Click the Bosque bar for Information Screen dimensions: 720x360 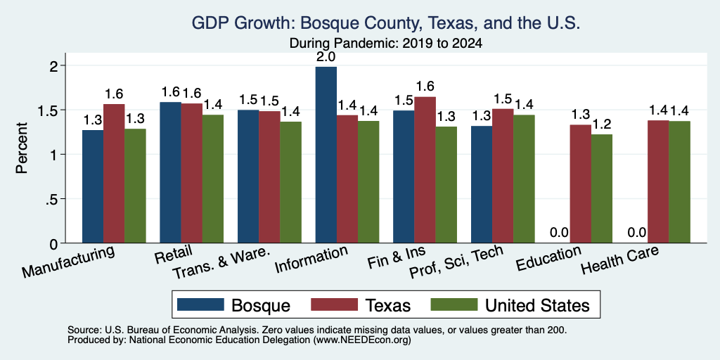click(326, 155)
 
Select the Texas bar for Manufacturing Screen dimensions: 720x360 click(114, 174)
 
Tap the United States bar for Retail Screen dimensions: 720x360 click(213, 179)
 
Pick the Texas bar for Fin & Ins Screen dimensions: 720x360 click(425, 170)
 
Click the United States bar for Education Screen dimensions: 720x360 click(602, 188)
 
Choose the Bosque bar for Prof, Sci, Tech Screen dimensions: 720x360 click(482, 184)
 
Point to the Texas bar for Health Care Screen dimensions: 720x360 click(658, 181)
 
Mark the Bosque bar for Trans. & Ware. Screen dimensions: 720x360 click(248, 176)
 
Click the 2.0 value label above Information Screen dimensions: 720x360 click(326, 57)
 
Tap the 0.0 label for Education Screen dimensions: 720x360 click(559, 233)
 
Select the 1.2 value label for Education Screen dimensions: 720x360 click(602, 124)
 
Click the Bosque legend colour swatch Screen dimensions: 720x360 click(200, 304)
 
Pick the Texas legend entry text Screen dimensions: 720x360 click(388, 305)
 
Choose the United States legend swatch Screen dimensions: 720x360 click(453, 304)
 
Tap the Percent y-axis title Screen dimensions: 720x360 click(22, 148)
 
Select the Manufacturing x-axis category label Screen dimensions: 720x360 click(68, 262)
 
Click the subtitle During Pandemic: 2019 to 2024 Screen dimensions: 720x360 click(386, 44)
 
